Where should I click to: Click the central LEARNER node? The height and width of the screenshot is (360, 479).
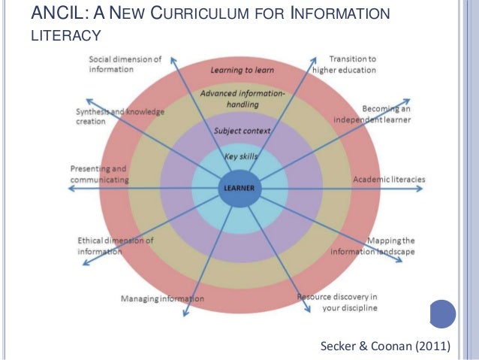coord(237,187)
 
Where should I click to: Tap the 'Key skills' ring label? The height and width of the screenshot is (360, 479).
coord(241,156)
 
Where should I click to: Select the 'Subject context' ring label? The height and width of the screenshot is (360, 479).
coord(242,130)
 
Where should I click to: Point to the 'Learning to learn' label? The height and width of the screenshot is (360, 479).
coord(242,70)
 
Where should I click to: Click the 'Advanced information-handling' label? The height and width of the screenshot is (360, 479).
coord(243,99)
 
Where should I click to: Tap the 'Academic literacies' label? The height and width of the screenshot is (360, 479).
coord(389,180)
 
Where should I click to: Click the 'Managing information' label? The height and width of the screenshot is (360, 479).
coord(162,299)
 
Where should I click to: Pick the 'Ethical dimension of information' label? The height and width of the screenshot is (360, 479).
coord(116,246)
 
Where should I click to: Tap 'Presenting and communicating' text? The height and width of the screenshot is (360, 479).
coord(98,174)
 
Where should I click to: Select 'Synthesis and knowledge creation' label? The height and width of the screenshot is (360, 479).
coord(120,116)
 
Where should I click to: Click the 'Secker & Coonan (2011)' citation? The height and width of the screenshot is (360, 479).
coord(385,346)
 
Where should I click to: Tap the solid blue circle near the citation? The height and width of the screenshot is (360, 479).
coord(443,313)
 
